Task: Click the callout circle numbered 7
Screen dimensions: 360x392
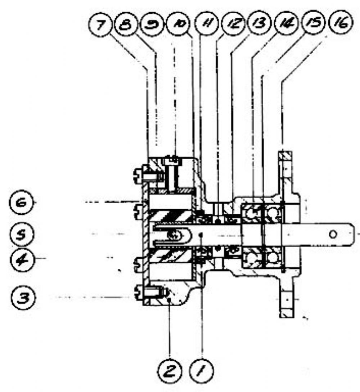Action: pyautogui.click(x=101, y=25)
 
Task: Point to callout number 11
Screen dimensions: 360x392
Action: pyautogui.click(x=207, y=24)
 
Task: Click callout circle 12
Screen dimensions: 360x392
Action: pyautogui.click(x=234, y=24)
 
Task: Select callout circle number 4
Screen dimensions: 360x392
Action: pyautogui.click(x=22, y=259)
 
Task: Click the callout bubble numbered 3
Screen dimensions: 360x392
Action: pyautogui.click(x=23, y=298)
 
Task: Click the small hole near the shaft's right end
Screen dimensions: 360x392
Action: pyautogui.click(x=333, y=235)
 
